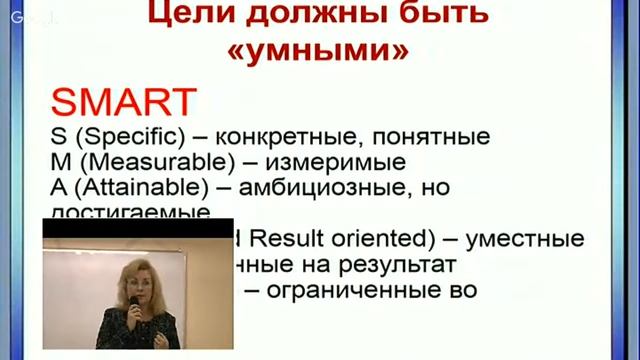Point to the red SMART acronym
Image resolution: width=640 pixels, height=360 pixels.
pyautogui.click(x=119, y=101)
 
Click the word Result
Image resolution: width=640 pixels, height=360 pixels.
pyautogui.click(x=276, y=240)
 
